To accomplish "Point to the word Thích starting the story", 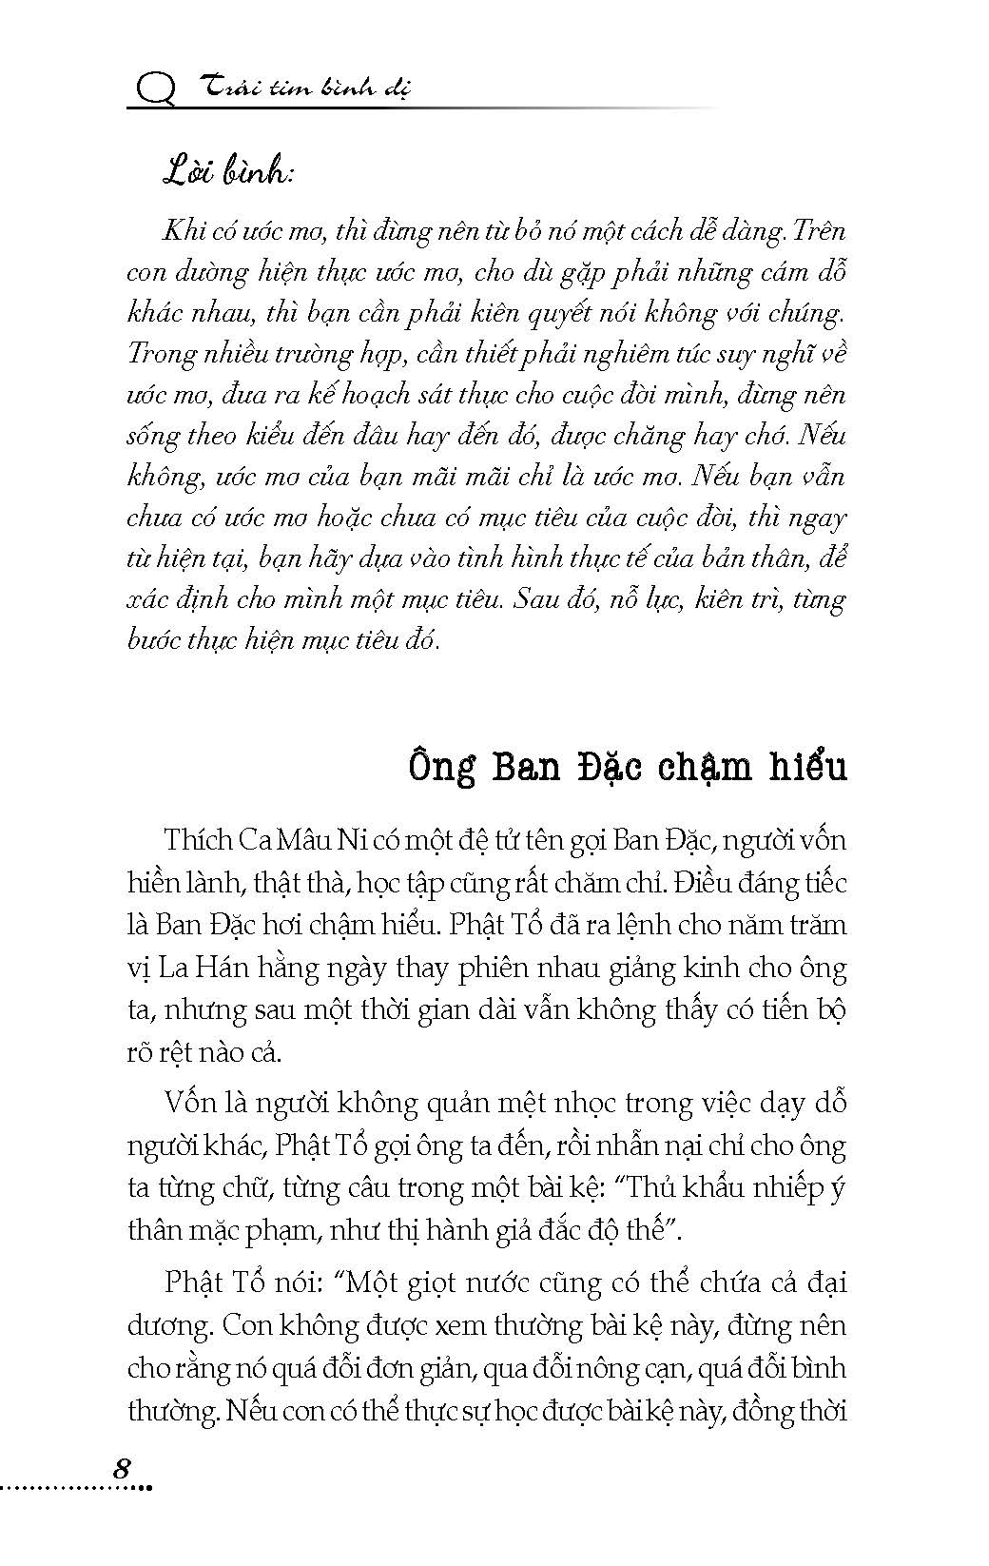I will click(x=199, y=841).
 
